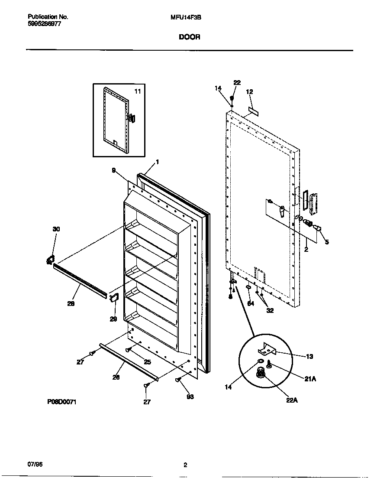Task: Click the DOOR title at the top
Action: tap(190, 37)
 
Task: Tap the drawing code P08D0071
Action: tap(62, 402)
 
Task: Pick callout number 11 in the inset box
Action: tap(137, 91)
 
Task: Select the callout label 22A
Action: tap(292, 400)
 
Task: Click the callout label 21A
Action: tap(310, 378)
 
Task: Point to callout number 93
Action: tap(190, 397)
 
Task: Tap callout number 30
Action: tap(56, 229)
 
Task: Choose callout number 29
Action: tap(113, 319)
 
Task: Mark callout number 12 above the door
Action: tap(249, 92)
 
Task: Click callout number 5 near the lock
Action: tap(327, 242)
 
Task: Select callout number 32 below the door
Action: tap(271, 310)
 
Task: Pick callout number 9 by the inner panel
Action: tap(114, 171)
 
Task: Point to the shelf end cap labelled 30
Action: tap(50, 260)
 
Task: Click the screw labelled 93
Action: tap(178, 380)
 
